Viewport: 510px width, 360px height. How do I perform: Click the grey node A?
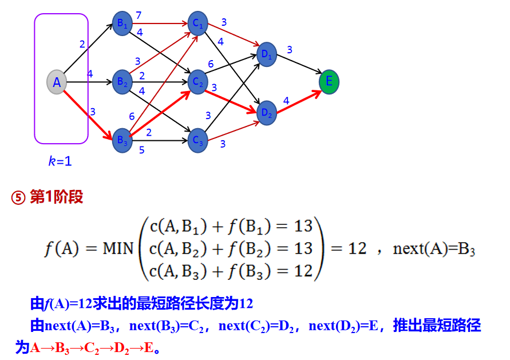[x=57, y=82]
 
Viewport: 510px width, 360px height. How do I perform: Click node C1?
[x=197, y=24]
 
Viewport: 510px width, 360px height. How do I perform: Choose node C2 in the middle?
[x=198, y=82]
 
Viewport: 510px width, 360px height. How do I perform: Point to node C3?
[x=197, y=140]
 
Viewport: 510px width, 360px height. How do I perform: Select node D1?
[x=267, y=54]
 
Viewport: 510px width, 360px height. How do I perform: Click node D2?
[x=267, y=112]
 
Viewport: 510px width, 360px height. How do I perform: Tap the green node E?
[x=329, y=82]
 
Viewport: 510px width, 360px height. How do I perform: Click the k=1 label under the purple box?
[x=60, y=161]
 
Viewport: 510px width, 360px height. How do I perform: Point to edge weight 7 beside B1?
[x=138, y=15]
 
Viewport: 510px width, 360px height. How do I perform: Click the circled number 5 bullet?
[x=18, y=198]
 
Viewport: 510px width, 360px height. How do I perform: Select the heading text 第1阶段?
[x=56, y=197]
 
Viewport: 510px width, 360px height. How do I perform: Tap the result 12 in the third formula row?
[x=303, y=270]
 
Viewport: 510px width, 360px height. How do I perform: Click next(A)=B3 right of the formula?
[x=434, y=249]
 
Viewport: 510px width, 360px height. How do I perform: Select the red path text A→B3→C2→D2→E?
[x=92, y=347]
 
